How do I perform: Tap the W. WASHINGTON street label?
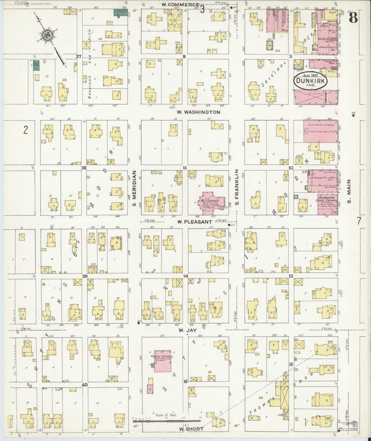point(199,112)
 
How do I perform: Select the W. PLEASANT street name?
point(195,222)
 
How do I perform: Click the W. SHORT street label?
point(191,429)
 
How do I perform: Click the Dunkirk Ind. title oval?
point(311,80)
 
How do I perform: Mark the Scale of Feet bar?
point(166,421)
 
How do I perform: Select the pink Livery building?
point(316,97)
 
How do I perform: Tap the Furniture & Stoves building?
point(321,131)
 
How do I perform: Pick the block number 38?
point(83,168)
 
